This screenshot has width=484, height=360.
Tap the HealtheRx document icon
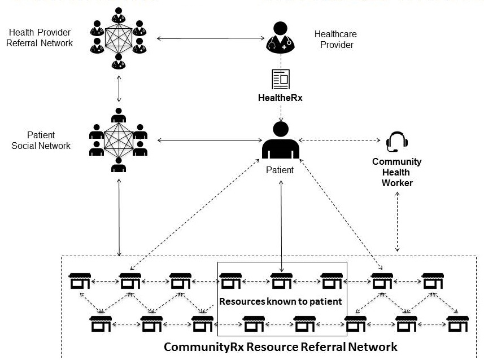pyautogui.click(x=281, y=79)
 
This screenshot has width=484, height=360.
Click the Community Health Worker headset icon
pyautogui.click(x=394, y=142)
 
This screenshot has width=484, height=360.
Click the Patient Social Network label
pyautogui.click(x=41, y=141)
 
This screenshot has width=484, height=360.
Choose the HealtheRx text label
pyautogui.click(x=281, y=99)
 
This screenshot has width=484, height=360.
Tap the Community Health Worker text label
pyautogui.click(x=396, y=172)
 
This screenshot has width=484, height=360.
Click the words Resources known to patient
pyautogui.click(x=281, y=301)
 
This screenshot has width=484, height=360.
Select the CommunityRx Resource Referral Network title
pyautogui.click(x=281, y=346)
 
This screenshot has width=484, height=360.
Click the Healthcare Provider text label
pyautogui.click(x=335, y=39)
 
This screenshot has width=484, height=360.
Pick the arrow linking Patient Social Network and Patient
pyautogui.click(x=209, y=140)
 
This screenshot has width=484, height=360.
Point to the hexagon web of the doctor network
pyautogui.click(x=119, y=38)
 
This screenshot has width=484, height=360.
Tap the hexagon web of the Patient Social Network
pyautogui.click(x=119, y=141)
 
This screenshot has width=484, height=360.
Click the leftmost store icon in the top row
pyautogui.click(x=79, y=280)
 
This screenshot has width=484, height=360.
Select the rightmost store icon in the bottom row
pyautogui.click(x=456, y=324)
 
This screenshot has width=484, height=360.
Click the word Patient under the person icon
pyautogui.click(x=280, y=169)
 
